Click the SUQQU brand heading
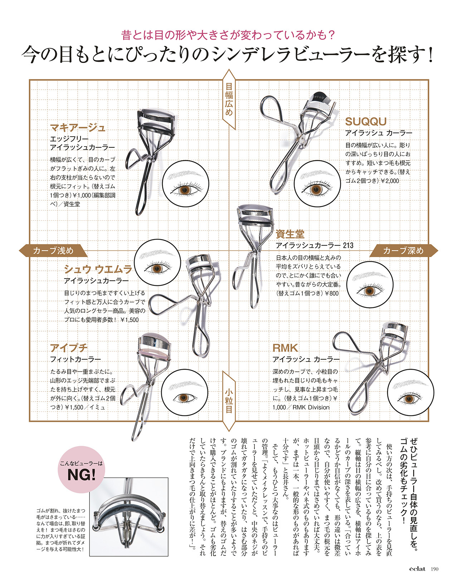pos(365,121)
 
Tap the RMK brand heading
pos(285,348)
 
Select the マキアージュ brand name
pos(78,127)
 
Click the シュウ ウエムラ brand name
pos(98,269)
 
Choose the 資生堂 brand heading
pos(290,234)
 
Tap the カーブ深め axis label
pos(403,251)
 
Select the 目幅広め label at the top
pos(229,99)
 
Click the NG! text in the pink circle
pos(82,475)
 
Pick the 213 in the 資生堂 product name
pos(348,245)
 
